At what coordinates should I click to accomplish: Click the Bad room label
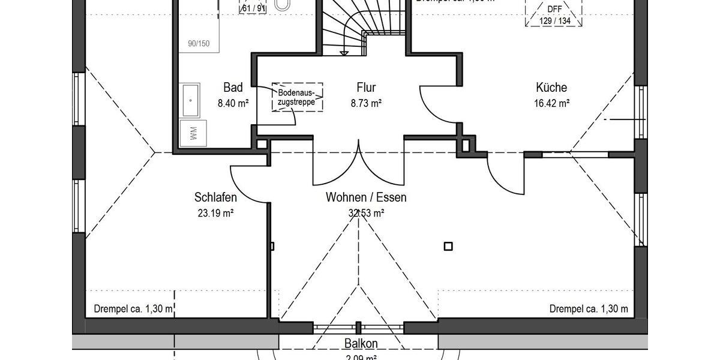click(233, 88)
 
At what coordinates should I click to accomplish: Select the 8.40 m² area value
click(233, 103)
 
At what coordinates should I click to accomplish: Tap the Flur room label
click(365, 88)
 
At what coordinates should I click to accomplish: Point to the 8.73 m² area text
click(366, 103)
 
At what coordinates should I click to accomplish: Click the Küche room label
click(551, 88)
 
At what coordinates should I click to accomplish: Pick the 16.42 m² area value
click(551, 103)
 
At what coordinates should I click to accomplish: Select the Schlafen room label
click(215, 197)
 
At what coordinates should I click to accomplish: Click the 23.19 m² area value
click(215, 213)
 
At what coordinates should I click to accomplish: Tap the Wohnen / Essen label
click(366, 197)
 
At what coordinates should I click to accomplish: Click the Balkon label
click(361, 344)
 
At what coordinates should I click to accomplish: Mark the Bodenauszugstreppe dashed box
click(297, 97)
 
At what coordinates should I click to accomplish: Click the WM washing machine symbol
click(194, 133)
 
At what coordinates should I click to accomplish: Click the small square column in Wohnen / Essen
click(448, 245)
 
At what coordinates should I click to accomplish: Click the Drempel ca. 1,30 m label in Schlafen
click(134, 309)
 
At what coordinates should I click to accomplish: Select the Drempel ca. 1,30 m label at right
click(589, 309)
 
